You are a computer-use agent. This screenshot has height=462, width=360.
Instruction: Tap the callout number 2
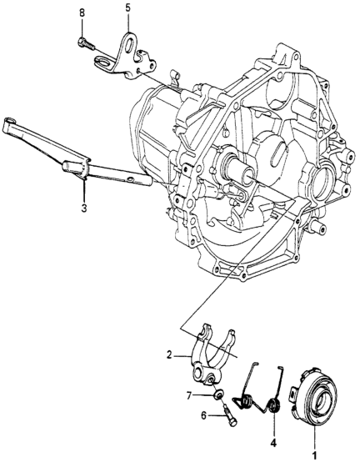[168, 355]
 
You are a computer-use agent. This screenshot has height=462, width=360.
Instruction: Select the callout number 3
[84, 208]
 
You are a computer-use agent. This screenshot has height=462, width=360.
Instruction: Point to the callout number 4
[273, 444]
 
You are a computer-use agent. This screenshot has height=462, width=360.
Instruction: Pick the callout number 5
[127, 8]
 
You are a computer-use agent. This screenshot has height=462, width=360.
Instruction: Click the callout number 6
[203, 416]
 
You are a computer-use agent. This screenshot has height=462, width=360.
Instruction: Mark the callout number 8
[82, 13]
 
